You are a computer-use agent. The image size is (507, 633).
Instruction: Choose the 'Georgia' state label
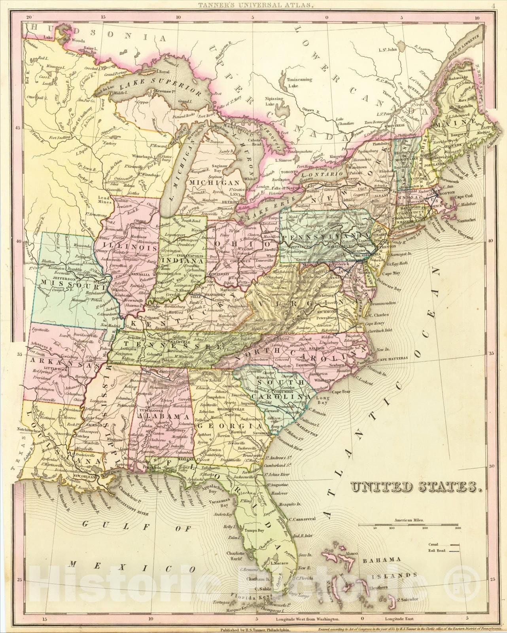[229, 426]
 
